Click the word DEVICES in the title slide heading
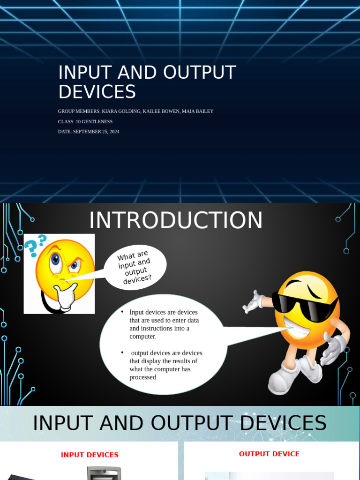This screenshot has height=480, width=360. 97,92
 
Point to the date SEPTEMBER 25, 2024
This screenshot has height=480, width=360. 96,132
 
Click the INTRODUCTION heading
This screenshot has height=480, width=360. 176,220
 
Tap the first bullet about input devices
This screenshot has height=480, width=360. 164,324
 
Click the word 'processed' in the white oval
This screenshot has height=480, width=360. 142,377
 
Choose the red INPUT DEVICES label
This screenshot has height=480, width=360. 90,455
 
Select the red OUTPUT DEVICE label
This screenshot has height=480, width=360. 269,454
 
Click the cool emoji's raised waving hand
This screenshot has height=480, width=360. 254,302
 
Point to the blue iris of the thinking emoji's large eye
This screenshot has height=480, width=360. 56,259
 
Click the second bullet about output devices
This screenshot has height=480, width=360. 166,365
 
